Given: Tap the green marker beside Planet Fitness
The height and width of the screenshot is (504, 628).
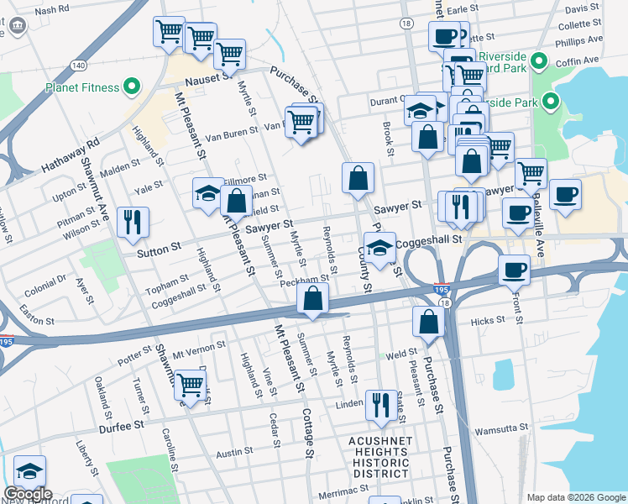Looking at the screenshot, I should pyautogui.click(x=132, y=86).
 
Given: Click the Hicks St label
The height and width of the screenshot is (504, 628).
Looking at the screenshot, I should pyautogui.click(x=488, y=320).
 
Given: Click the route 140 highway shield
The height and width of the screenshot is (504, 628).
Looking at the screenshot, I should pyautogui.click(x=78, y=65).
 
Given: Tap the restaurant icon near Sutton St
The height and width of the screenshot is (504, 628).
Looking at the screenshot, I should pyautogui.click(x=133, y=222).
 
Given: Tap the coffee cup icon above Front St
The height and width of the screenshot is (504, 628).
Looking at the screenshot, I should pyautogui.click(x=514, y=270).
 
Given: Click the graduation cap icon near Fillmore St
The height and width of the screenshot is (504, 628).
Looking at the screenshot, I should pyautogui.click(x=208, y=194).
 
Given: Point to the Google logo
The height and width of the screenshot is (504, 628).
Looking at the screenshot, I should pyautogui.click(x=28, y=494).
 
